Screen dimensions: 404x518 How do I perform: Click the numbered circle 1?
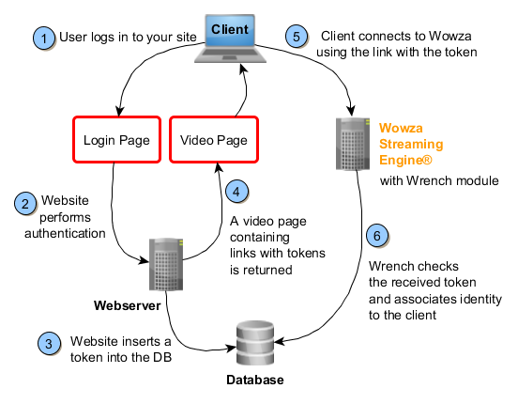click(44, 39)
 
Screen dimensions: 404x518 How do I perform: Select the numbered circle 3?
click(51, 343)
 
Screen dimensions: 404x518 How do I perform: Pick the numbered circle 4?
click(240, 191)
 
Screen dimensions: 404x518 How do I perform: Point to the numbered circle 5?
click(297, 39)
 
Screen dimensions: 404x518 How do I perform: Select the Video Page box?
click(213, 141)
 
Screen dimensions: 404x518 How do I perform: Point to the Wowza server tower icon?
click(353, 146)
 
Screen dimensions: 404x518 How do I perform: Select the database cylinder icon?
click(255, 342)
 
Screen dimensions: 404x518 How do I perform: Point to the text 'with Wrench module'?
click(439, 179)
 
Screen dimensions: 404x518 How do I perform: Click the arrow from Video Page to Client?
click(245, 94)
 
